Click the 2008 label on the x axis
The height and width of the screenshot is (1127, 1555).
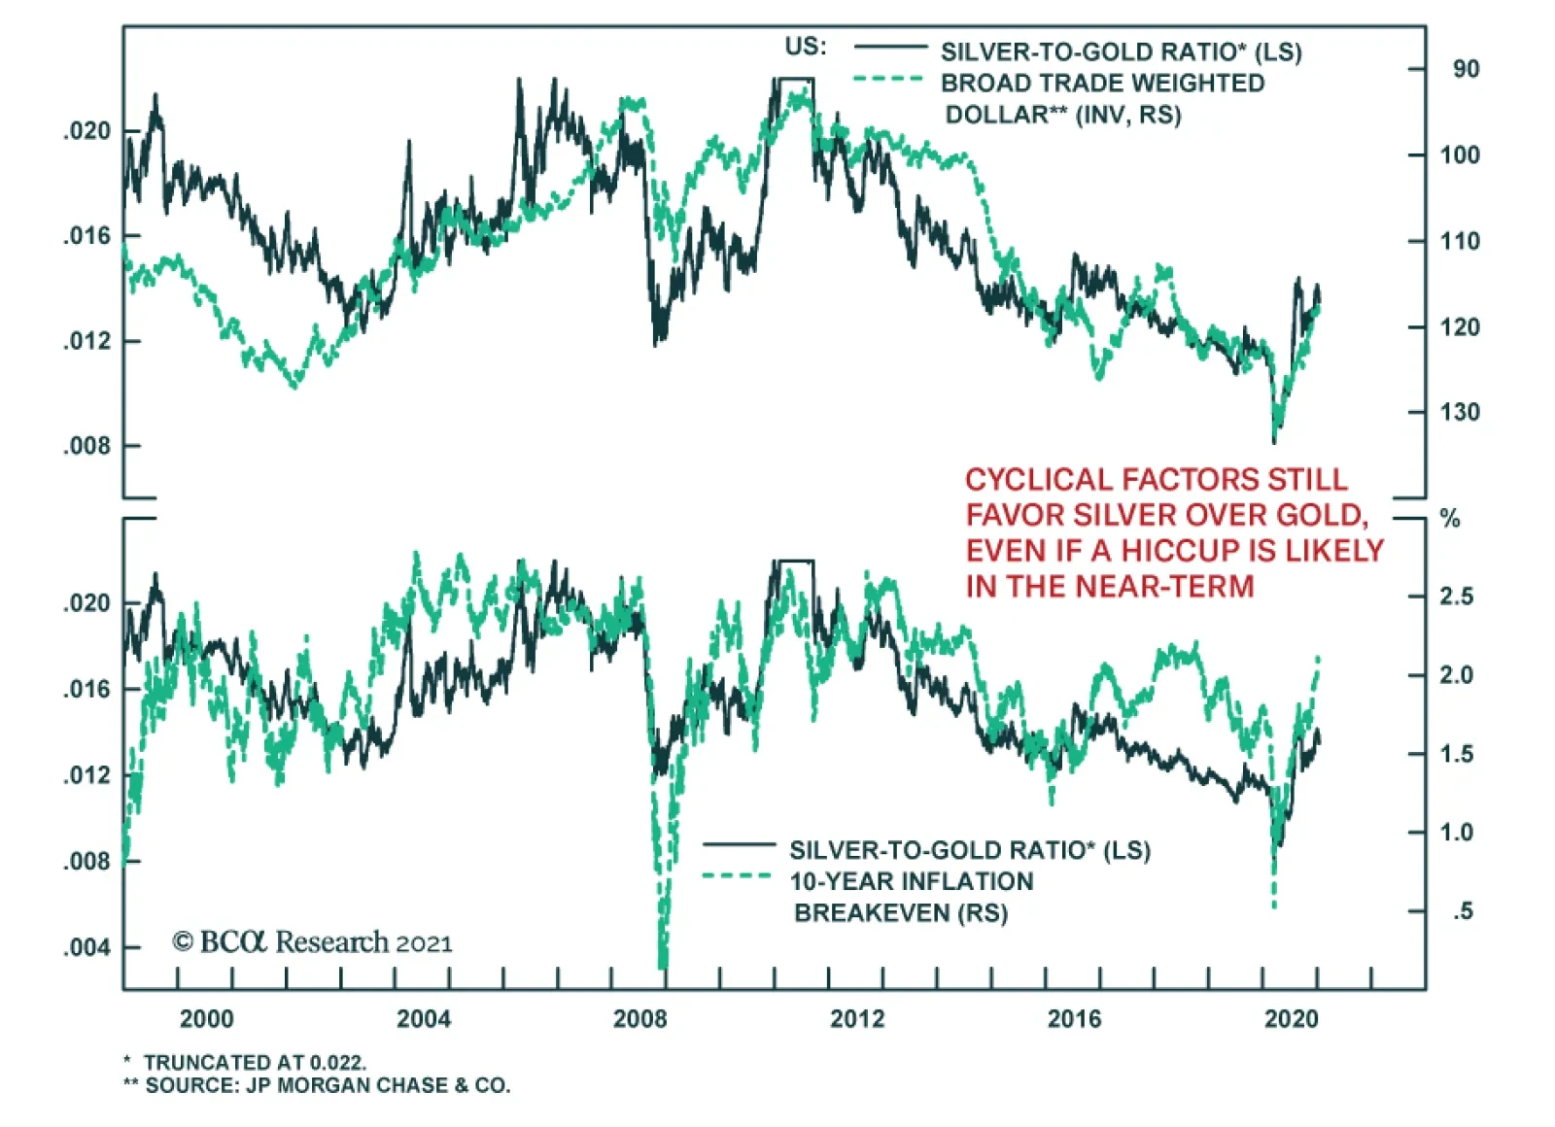(639, 1019)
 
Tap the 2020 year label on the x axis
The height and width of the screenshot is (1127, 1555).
(1291, 1019)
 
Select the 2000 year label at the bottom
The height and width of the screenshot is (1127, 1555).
(206, 1019)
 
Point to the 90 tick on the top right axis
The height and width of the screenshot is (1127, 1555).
(1466, 70)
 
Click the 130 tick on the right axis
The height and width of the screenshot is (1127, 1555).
(1460, 413)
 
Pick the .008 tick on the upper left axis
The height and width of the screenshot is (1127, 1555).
(87, 447)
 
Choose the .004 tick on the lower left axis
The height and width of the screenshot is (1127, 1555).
(87, 947)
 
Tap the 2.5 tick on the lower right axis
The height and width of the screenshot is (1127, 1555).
(1456, 597)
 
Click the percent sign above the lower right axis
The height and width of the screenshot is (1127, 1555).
(1450, 519)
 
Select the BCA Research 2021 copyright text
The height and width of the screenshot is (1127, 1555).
(312, 942)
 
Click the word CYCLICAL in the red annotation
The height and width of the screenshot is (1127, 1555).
(1039, 480)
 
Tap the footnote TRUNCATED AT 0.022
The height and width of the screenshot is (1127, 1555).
(255, 1063)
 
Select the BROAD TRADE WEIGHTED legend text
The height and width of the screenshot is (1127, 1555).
(1102, 84)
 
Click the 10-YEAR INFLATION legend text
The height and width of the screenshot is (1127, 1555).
(911, 882)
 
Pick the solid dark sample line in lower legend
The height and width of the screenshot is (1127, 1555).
(739, 844)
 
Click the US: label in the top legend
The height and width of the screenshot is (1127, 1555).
(806, 47)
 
